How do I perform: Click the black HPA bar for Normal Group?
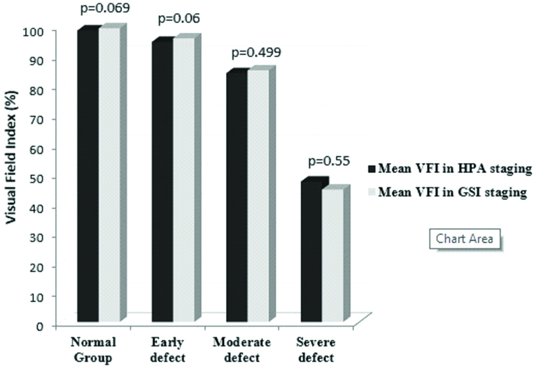click(88, 177)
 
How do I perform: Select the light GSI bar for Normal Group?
click(109, 177)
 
